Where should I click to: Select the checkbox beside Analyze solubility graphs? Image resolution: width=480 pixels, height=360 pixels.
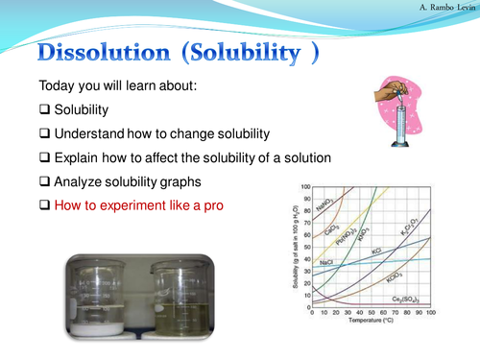tap(44, 180)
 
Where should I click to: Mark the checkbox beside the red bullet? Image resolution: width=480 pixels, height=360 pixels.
tap(44, 204)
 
